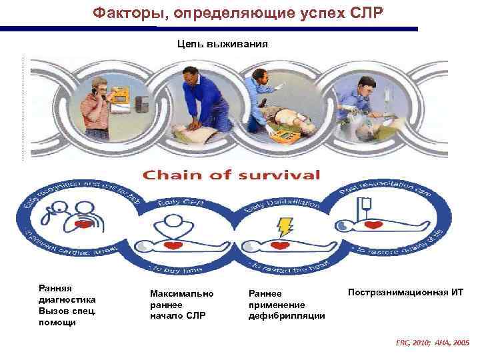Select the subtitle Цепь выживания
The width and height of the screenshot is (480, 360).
pyautogui.click(x=222, y=44)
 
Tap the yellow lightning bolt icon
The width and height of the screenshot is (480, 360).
pyautogui.click(x=285, y=227)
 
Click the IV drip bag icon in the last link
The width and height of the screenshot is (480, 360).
pyautogui.click(x=365, y=207)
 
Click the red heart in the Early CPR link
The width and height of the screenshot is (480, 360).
pyautogui.click(x=175, y=246)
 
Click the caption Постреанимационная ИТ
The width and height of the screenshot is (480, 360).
pyautogui.click(x=405, y=292)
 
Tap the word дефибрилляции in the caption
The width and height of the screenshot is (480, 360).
pyautogui.click(x=286, y=315)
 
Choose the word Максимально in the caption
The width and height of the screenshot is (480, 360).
pyautogui.click(x=182, y=293)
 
